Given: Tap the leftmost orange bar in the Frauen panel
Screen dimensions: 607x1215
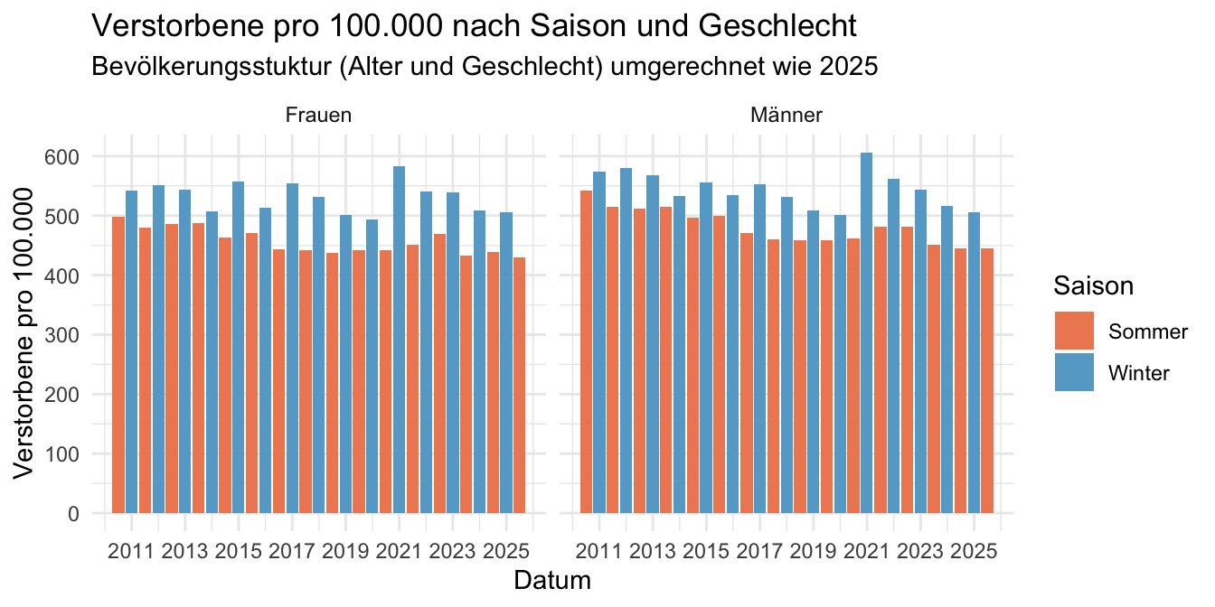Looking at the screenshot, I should pyautogui.click(x=118, y=365).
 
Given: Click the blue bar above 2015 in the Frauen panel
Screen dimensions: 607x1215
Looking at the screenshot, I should pyautogui.click(x=239, y=347).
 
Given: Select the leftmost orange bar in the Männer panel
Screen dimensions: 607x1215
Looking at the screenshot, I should pyautogui.click(x=587, y=352).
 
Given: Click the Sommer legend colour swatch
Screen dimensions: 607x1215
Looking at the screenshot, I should pyautogui.click(x=1074, y=332).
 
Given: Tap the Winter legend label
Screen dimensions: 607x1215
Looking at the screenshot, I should pyautogui.click(x=1139, y=373).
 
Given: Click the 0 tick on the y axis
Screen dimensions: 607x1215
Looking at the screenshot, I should pyautogui.click(x=72, y=514).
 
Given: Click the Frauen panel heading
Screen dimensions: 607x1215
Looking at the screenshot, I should pyautogui.click(x=318, y=116).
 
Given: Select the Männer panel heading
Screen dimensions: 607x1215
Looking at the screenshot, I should pyautogui.click(x=786, y=116).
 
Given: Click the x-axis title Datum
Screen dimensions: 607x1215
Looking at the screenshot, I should pyautogui.click(x=552, y=580).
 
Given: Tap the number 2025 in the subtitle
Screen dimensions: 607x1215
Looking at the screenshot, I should pyautogui.click(x=850, y=67).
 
